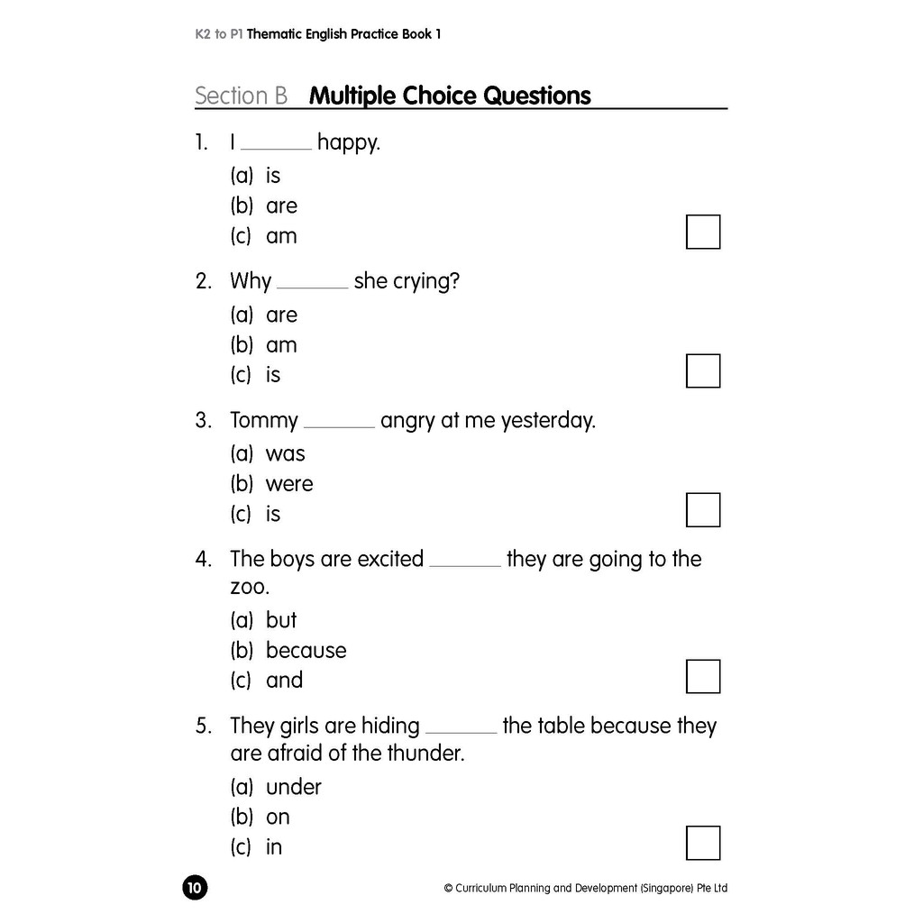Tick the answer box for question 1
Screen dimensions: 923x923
click(703, 232)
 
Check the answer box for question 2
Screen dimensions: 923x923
click(703, 370)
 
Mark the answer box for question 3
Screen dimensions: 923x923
click(703, 509)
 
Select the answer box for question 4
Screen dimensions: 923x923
click(703, 676)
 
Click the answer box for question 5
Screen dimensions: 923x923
click(703, 843)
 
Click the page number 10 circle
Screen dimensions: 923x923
click(195, 888)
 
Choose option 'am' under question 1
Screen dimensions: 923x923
click(281, 236)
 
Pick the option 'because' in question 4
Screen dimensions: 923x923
click(306, 650)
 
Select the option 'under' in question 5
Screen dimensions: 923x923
click(294, 787)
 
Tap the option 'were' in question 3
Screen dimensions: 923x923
click(289, 484)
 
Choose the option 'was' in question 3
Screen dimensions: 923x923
click(286, 453)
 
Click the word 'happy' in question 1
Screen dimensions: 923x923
click(347, 143)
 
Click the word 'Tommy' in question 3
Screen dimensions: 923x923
click(264, 421)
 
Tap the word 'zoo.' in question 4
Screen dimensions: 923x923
click(250, 588)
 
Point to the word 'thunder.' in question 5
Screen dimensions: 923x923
click(426, 754)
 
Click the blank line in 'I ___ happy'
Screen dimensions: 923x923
click(277, 148)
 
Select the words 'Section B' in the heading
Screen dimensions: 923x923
click(241, 96)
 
